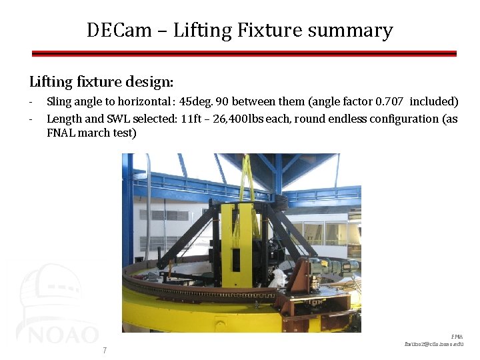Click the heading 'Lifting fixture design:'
click(x=101, y=82)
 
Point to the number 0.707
click(x=390, y=102)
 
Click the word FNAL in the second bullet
click(x=61, y=133)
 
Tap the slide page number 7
click(x=105, y=351)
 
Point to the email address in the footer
click(x=433, y=344)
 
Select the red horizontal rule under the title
click(x=244, y=53)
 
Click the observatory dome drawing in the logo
click(x=47, y=293)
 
